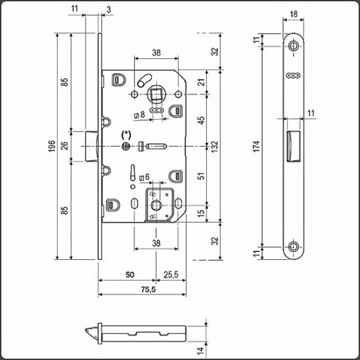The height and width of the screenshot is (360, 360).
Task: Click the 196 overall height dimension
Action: (x=52, y=146)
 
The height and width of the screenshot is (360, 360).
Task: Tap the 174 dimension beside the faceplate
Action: (x=256, y=146)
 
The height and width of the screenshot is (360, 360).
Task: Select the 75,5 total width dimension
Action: (x=148, y=290)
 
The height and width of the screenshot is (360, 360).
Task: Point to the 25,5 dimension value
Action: (x=171, y=275)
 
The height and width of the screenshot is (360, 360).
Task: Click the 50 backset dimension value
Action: (x=130, y=275)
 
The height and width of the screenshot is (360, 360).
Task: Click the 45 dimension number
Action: (x=201, y=121)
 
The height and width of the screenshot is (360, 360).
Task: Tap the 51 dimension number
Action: (x=201, y=176)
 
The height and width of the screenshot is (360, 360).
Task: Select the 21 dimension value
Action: (x=202, y=82)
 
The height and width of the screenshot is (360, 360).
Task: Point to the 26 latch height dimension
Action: (x=65, y=146)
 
